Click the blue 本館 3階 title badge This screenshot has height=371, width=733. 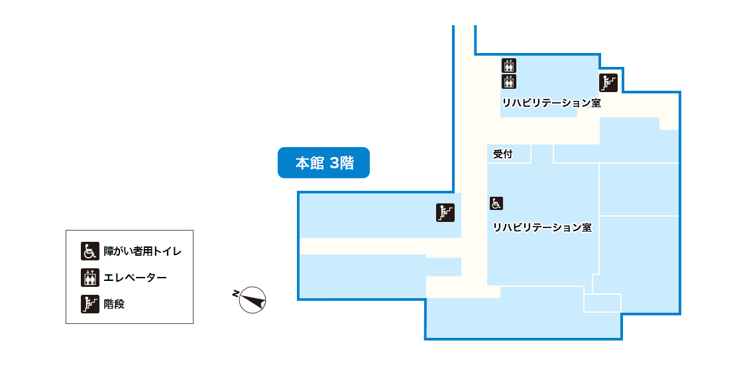point(323,163)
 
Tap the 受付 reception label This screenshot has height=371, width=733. point(503,154)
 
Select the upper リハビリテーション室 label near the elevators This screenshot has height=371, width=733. point(551,103)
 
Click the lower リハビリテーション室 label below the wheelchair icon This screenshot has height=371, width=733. point(541,227)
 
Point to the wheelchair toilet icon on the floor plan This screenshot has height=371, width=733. point(496,203)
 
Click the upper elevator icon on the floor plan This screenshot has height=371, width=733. point(509,66)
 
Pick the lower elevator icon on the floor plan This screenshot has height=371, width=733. point(509,81)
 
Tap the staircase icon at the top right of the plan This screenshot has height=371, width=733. point(608,83)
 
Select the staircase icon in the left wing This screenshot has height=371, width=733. point(445,212)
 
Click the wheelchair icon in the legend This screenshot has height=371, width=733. point(89,251)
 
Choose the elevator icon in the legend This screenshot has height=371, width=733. point(89,278)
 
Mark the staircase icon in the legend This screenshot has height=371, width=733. point(89,304)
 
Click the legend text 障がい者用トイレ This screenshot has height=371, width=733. point(142,252)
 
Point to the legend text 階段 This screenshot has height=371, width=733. point(115,305)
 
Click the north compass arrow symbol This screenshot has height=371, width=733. point(253,300)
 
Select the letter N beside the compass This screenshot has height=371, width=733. point(235,293)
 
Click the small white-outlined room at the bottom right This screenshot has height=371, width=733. point(602,303)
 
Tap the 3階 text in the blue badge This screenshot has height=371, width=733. point(341,163)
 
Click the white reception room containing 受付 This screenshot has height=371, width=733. point(509,154)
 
